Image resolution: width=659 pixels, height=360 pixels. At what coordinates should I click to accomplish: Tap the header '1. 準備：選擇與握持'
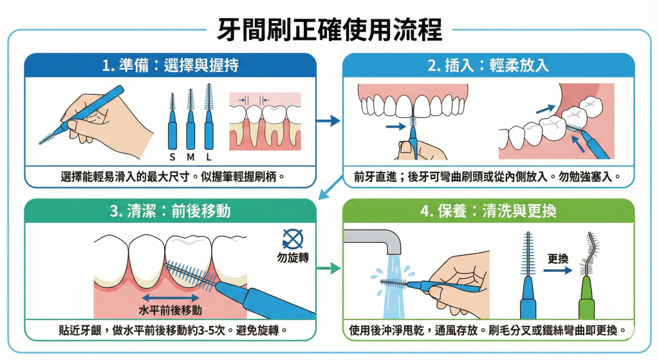pyautogui.click(x=171, y=65)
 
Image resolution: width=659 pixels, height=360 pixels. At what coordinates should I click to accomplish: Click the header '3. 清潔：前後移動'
pyautogui.click(x=171, y=211)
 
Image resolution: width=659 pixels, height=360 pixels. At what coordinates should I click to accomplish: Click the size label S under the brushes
pyautogui.click(x=172, y=156)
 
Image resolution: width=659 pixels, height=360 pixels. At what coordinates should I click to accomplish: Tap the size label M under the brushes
pyautogui.click(x=190, y=156)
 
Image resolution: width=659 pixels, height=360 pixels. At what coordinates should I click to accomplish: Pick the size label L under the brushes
pyautogui.click(x=209, y=156)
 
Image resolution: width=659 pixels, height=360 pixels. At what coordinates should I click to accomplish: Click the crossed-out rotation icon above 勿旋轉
pyautogui.click(x=293, y=240)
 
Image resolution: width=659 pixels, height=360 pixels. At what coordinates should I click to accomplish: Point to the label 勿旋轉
pyautogui.click(x=293, y=258)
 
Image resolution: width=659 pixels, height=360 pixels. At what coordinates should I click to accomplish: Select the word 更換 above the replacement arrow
pyautogui.click(x=557, y=259)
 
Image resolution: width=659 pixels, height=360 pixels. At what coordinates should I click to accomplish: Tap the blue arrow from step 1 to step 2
pyautogui.click(x=329, y=120)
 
